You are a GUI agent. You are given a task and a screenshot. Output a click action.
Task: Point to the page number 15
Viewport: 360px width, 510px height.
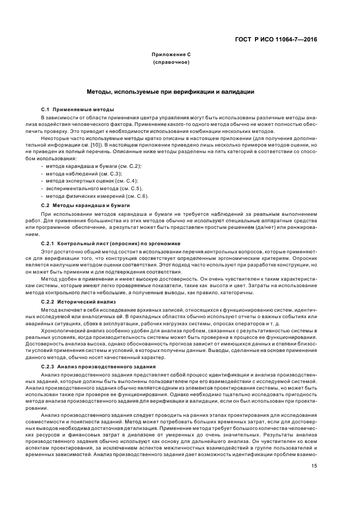pyautogui.click(x=314, y=465)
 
